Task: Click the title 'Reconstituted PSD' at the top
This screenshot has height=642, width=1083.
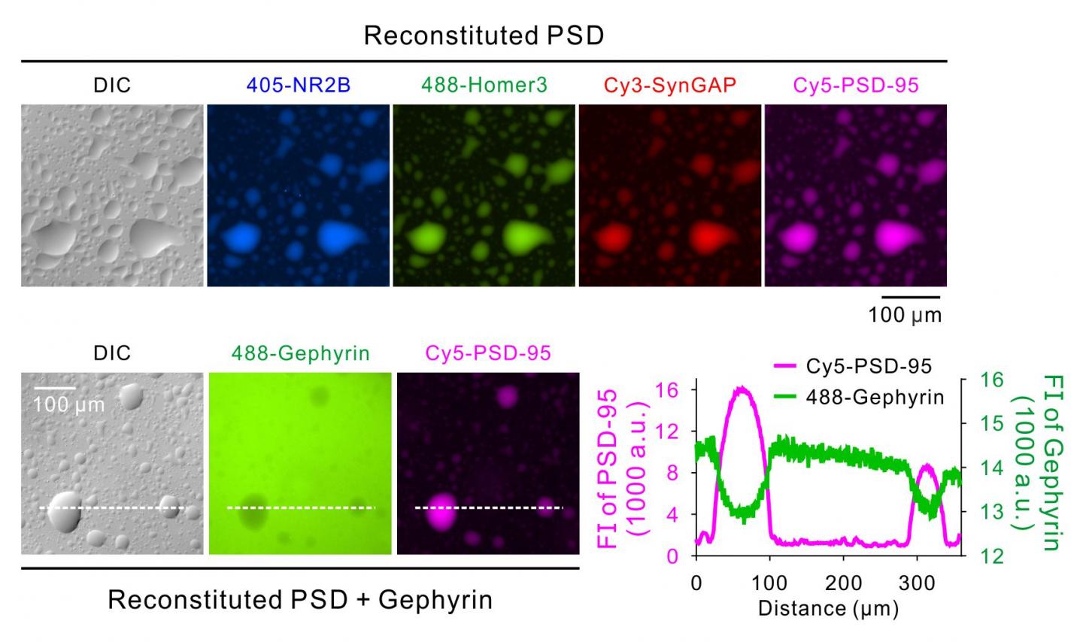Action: [484, 35]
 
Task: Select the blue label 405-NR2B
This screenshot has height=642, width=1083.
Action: [299, 85]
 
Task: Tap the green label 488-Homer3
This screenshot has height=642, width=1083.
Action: [484, 85]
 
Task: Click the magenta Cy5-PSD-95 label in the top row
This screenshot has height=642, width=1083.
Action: [856, 85]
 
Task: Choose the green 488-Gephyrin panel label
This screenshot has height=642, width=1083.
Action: [299, 353]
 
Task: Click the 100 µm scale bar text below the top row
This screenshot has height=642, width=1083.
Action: [905, 315]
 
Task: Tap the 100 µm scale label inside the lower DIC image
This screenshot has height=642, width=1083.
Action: [68, 404]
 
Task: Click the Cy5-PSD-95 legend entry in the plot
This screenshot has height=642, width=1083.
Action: [869, 366]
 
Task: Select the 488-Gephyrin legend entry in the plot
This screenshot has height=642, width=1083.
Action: [875, 396]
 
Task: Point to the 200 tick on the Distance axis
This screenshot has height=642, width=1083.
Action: [843, 583]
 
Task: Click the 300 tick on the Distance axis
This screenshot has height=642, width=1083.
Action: [917, 583]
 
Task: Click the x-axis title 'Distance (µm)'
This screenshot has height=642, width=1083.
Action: [828, 607]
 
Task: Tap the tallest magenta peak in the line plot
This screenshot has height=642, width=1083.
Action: [742, 389]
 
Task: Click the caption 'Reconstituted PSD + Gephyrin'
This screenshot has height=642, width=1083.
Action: [300, 600]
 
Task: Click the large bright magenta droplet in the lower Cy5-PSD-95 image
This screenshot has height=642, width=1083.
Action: [439, 510]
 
